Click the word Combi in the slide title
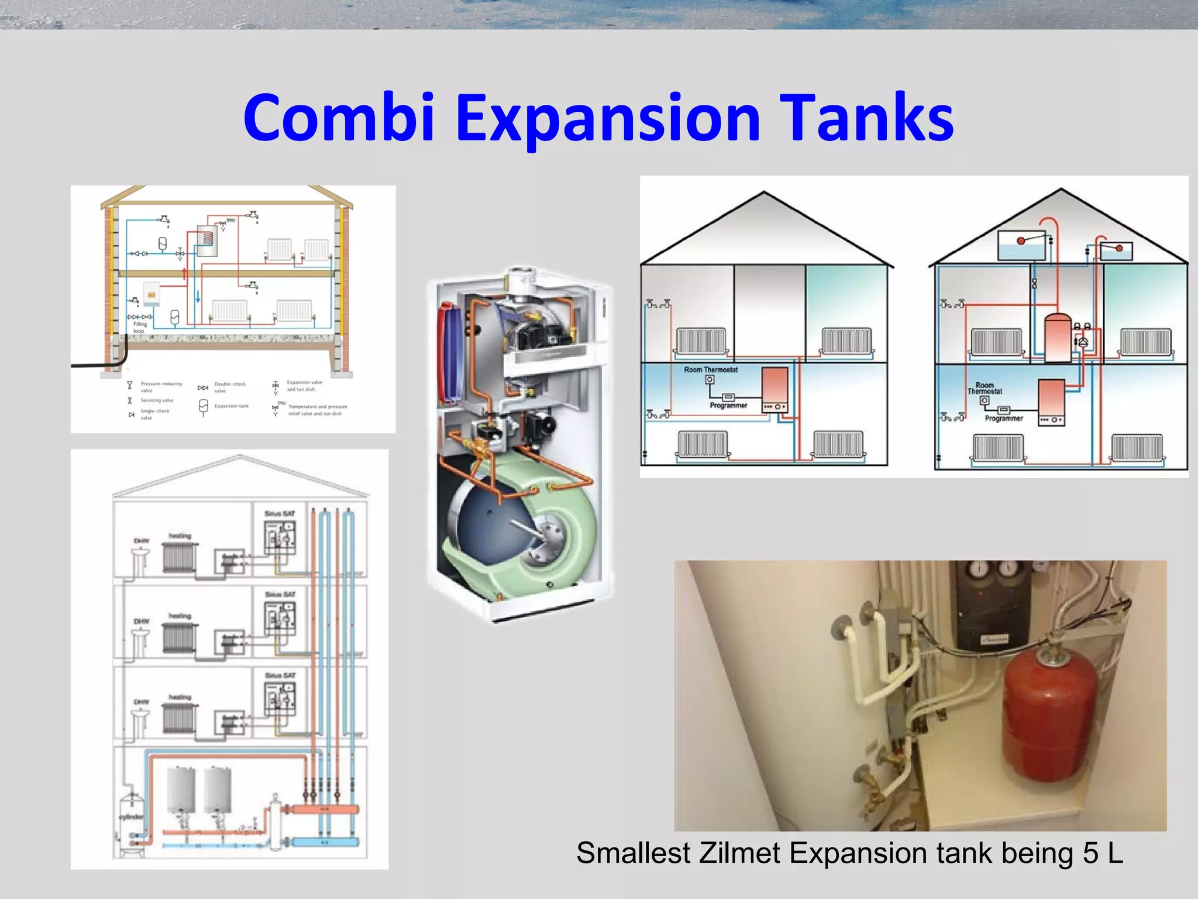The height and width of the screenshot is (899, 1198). pyautogui.click(x=339, y=118)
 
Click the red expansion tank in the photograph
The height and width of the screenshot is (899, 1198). pyautogui.click(x=1050, y=717)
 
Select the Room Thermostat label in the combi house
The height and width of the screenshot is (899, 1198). pyautogui.click(x=711, y=370)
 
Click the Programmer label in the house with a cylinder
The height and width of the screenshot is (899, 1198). pyautogui.click(x=1004, y=418)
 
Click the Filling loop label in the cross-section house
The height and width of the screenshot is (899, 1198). pyautogui.click(x=140, y=327)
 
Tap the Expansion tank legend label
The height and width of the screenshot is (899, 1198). pyautogui.click(x=232, y=406)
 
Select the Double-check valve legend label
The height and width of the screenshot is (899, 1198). pyautogui.click(x=230, y=387)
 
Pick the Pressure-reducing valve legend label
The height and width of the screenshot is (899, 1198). pyautogui.click(x=161, y=387)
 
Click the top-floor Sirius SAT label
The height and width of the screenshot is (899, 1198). pyautogui.click(x=280, y=514)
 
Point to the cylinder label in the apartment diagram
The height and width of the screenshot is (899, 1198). pyautogui.click(x=131, y=816)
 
